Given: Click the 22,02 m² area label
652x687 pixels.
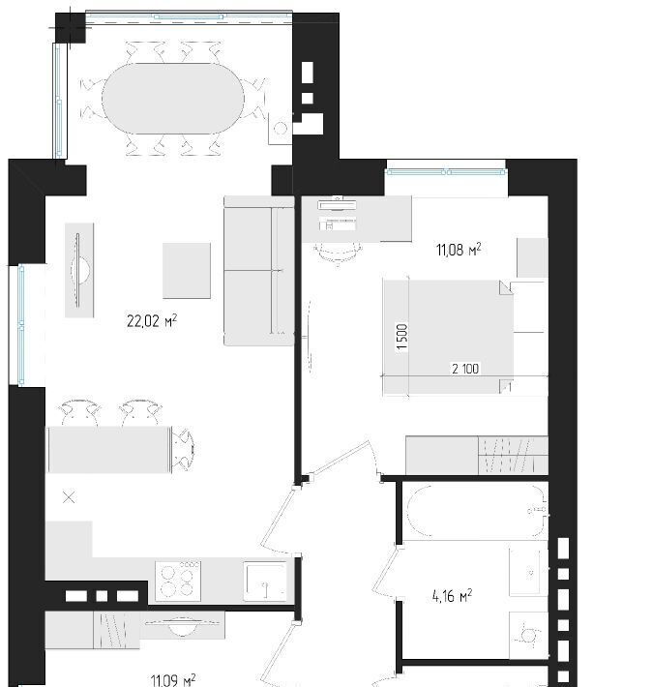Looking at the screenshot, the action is point(152,320).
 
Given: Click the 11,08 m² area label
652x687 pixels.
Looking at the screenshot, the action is point(459,250).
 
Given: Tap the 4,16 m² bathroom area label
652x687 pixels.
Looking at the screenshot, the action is point(452,596).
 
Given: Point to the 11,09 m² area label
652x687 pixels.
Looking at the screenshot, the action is point(173,680).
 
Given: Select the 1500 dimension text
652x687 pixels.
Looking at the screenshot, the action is point(401,337).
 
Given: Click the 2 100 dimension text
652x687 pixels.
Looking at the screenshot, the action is point(465,369).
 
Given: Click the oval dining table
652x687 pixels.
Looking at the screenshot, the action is point(173,99).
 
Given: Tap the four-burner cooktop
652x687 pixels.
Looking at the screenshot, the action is point(178,581).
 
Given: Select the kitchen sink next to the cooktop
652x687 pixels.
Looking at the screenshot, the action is point(265,581).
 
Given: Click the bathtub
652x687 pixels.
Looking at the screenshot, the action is point(475,511).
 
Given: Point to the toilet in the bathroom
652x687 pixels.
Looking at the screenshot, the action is point(528,635).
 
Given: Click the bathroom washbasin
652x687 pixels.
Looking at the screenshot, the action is point(528,571).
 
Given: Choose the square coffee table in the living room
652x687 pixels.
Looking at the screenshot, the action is point(187,271).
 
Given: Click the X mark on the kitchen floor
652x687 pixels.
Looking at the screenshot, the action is point(69,497).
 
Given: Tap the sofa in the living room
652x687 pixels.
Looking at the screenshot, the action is point(259,270).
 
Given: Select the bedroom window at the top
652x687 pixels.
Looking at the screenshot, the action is point(446,172).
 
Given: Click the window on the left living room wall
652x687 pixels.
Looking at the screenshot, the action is point(20,325).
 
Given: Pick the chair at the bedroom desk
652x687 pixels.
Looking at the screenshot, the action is point(338,254).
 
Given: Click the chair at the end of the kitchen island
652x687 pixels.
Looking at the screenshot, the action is point(183,449).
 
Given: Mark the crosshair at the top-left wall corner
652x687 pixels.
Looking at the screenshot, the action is point(69,28).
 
